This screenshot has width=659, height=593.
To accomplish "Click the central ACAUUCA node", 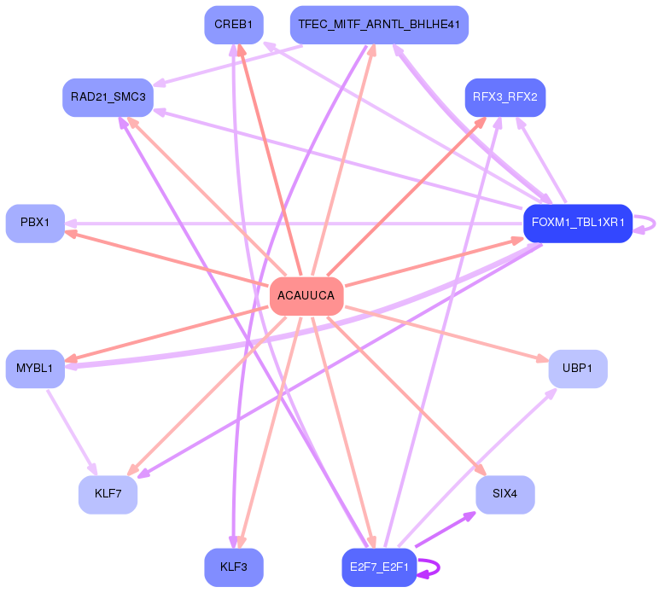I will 306,296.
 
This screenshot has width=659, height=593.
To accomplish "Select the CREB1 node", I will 233,25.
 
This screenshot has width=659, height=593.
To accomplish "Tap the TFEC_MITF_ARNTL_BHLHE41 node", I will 379,25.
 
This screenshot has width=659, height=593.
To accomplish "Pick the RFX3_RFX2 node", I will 504,96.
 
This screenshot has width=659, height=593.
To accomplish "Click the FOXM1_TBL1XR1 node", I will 577,224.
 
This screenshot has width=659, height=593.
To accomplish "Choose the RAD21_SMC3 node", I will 108,97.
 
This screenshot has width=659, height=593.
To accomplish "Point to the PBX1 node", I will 35,223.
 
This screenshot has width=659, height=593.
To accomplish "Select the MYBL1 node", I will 35,369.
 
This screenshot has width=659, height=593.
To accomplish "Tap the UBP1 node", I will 577,369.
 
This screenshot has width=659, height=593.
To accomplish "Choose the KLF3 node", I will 233,567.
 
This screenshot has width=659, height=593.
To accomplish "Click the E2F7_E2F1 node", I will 379,567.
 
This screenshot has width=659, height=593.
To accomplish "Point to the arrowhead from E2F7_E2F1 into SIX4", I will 470,515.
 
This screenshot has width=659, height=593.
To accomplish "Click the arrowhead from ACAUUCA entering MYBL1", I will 72,359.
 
